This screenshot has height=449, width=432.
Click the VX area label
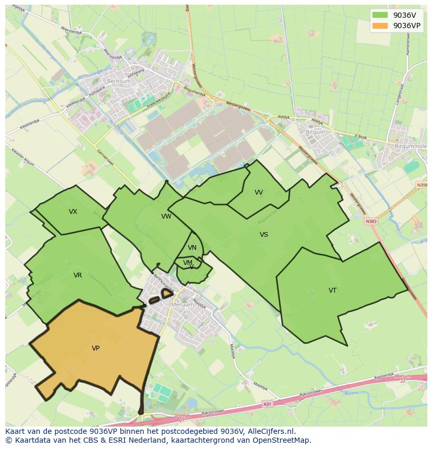pyautogui.click(x=73, y=212)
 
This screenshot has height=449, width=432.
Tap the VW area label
pyautogui.click(x=166, y=216)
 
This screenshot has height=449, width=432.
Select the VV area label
pyautogui.click(x=259, y=192)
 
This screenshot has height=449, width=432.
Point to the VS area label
pyautogui.click(x=264, y=235)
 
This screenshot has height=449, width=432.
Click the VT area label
pyautogui.click(x=332, y=290)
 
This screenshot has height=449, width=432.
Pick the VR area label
pyautogui.click(x=78, y=275)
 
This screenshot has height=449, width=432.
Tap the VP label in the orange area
pyautogui.click(x=95, y=348)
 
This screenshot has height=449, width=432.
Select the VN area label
pyautogui.click(x=192, y=248)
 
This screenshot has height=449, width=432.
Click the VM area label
pyautogui.click(x=188, y=262)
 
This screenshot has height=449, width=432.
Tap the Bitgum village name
pyautogui.click(x=315, y=132)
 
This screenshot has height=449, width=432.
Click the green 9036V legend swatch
pyautogui.click(x=380, y=15)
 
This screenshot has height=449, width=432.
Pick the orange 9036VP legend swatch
pyautogui.click(x=380, y=25)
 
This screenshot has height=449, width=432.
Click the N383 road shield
pyautogui.click(x=371, y=222)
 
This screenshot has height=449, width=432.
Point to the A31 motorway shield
pyautogui.click(x=268, y=404)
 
